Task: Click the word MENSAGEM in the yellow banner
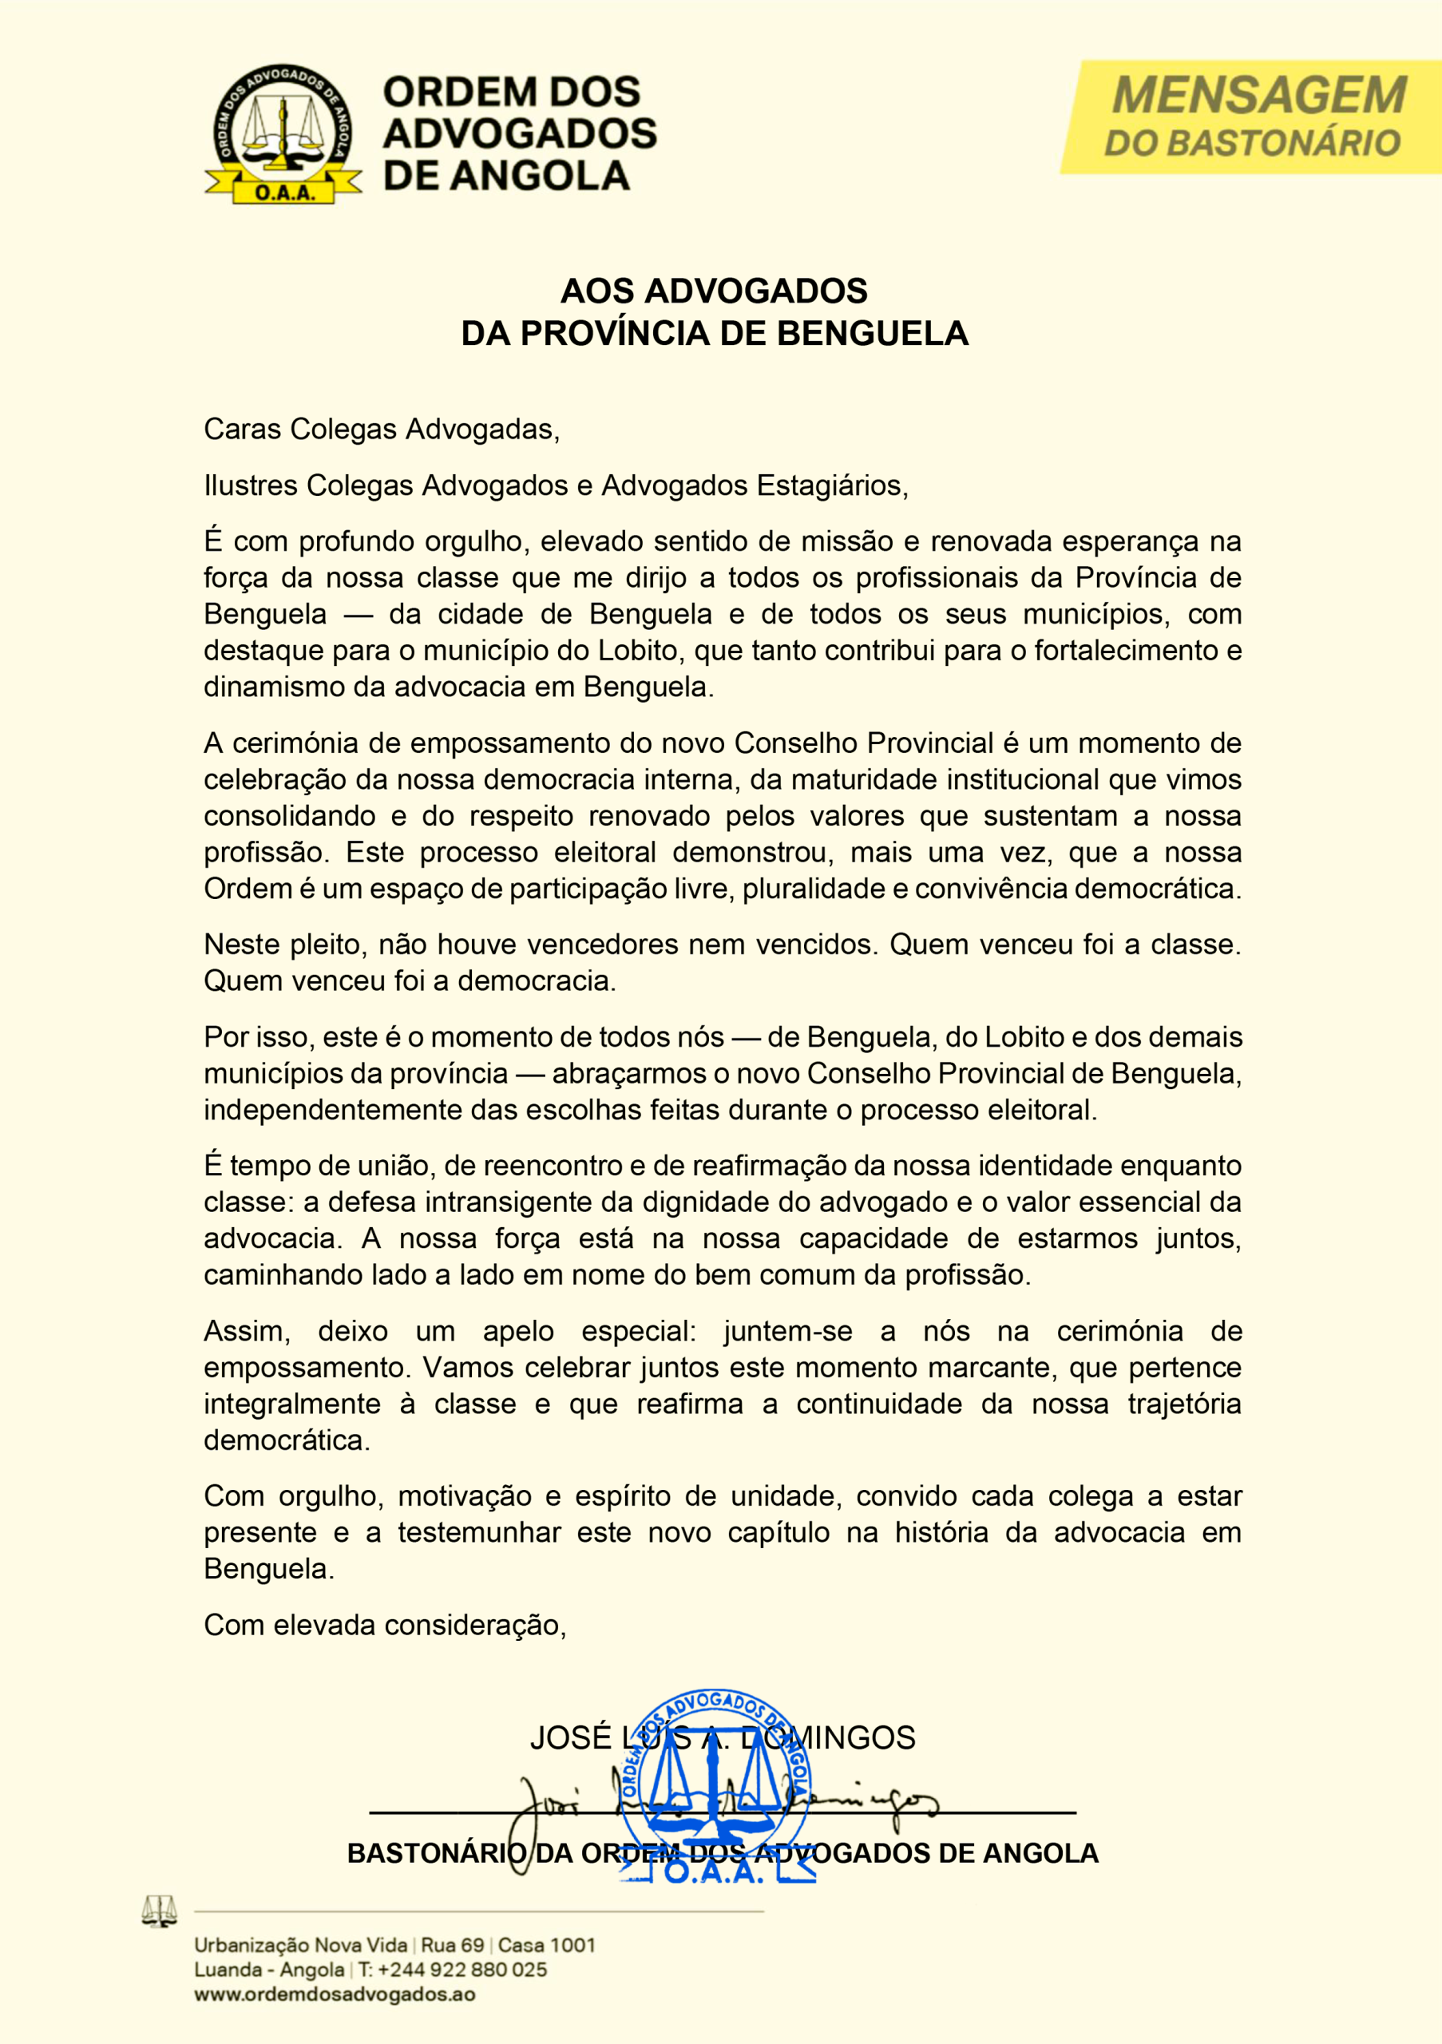point(1258,96)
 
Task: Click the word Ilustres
point(251,485)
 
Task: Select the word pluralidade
point(814,889)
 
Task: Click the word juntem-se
point(788,1331)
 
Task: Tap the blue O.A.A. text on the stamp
point(714,1872)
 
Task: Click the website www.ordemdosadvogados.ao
point(335,1994)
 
